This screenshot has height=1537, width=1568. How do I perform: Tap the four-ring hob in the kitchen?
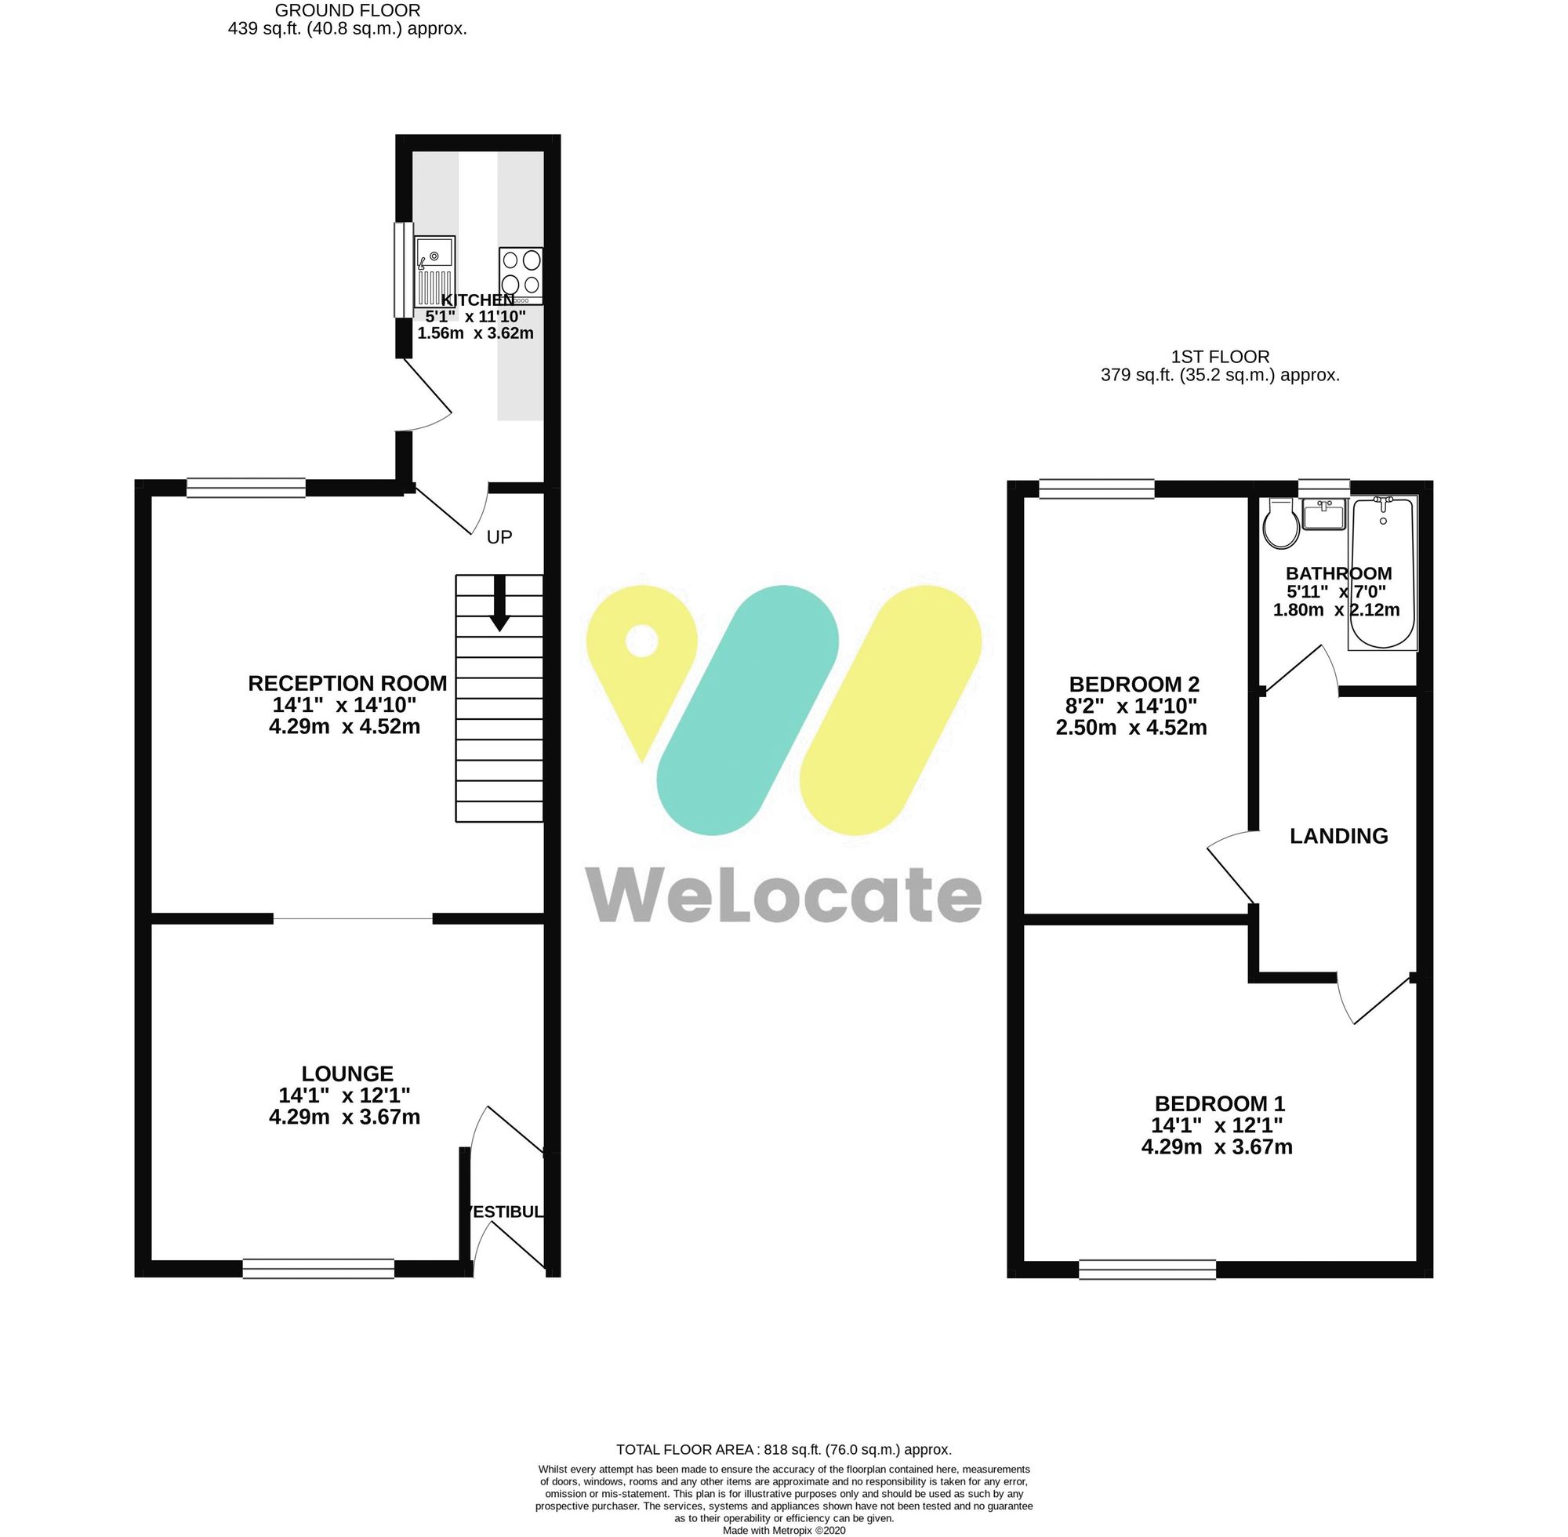coord(521,274)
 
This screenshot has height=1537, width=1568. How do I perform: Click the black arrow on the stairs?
coord(499,604)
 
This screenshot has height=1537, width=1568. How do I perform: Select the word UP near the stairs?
coord(499,537)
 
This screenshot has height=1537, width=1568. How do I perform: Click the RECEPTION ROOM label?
coord(347,684)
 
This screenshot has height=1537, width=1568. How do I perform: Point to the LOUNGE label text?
coord(347,1074)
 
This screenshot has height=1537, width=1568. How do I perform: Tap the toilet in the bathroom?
coord(1281,525)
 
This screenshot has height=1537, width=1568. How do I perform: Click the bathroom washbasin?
coord(1324,515)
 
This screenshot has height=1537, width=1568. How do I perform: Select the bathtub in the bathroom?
coord(1382,575)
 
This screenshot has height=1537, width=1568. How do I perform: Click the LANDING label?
coord(1339,836)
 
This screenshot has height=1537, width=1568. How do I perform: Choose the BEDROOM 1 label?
coord(1218,1103)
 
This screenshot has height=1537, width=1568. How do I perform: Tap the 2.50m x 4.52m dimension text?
coord(1131,729)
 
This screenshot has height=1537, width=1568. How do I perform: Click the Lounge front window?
coord(319,1268)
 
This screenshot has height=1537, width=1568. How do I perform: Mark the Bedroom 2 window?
coord(1097,489)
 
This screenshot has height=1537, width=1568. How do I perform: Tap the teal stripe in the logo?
coord(747,710)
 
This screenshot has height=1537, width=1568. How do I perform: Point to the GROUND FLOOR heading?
coord(347,10)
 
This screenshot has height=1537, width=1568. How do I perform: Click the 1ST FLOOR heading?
coord(1220,356)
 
